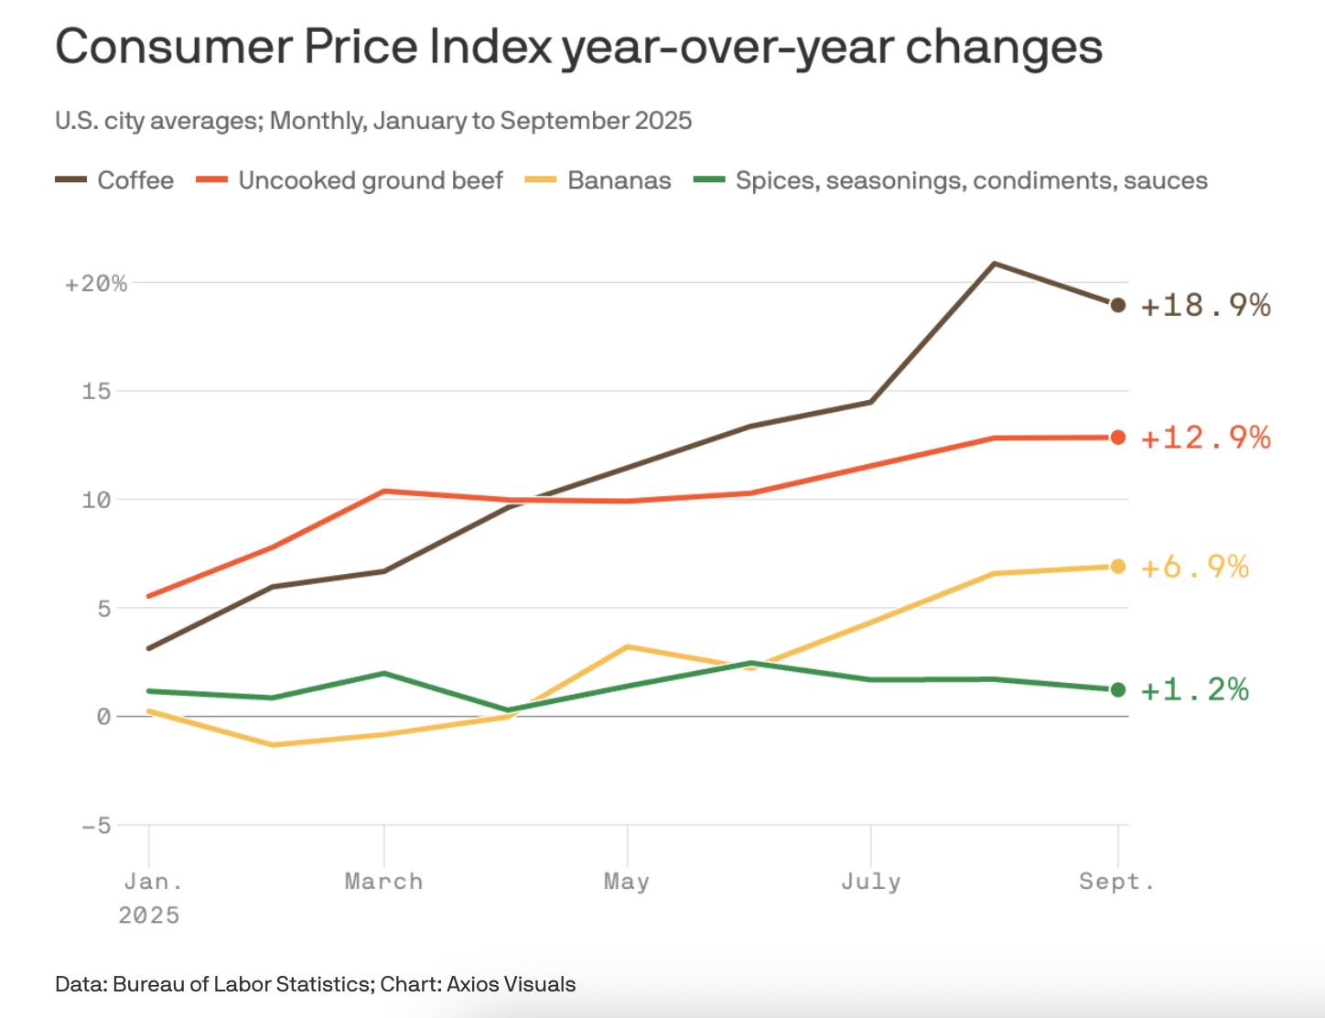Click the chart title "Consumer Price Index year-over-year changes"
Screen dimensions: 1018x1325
[578, 48]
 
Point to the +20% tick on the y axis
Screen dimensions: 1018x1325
[96, 284]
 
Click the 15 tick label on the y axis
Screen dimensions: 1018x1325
[96, 392]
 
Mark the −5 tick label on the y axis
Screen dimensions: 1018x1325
[96, 826]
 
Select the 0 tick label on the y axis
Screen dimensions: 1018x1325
[103, 717]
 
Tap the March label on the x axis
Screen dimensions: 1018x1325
[383, 882]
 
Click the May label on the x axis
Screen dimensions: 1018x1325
[627, 882]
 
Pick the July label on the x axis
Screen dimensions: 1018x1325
[870, 882]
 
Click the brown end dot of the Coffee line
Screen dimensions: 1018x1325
[1117, 305]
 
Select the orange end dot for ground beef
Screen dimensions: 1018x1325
[1117, 438]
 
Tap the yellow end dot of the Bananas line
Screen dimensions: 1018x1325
[1117, 567]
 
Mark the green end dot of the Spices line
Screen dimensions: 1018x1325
[1117, 689]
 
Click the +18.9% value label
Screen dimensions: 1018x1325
[1205, 305]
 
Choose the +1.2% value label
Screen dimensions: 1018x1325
[1194, 689]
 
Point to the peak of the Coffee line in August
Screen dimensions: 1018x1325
[995, 264]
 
